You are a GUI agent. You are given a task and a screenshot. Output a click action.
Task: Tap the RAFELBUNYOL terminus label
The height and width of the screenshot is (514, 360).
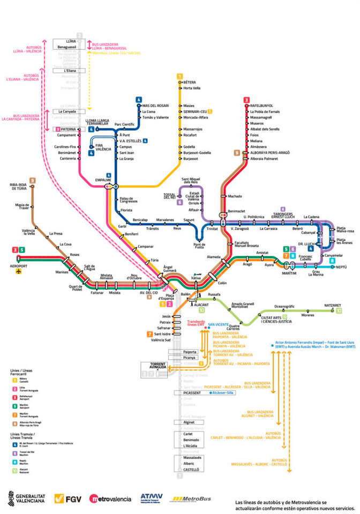262,105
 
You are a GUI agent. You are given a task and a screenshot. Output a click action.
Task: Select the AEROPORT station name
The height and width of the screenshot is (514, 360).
18,266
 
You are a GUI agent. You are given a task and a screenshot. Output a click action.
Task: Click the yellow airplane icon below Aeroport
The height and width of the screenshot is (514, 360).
19,273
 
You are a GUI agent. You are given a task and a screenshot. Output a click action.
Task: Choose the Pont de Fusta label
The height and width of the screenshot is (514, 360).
199,245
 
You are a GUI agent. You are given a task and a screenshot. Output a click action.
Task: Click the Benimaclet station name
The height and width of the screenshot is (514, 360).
236,211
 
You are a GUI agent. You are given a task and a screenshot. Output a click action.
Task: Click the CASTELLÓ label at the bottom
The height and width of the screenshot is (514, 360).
191,469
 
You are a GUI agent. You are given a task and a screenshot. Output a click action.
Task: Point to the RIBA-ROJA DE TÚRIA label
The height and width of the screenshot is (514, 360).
22,187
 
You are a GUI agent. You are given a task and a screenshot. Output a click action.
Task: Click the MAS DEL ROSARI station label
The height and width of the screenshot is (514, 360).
155,105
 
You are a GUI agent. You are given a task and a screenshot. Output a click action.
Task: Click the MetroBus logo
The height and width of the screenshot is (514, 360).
191,499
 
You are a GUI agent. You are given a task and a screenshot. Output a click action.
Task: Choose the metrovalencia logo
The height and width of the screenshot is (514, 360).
110,499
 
